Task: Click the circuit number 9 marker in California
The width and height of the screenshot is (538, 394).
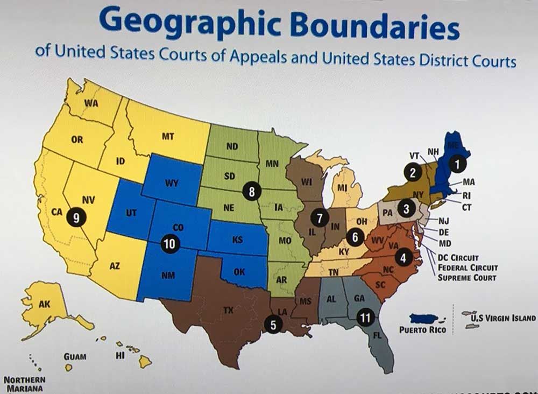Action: (76, 218)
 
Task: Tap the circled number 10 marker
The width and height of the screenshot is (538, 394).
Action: (169, 244)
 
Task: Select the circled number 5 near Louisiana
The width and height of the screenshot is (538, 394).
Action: (273, 325)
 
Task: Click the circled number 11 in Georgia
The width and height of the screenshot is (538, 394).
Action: (366, 318)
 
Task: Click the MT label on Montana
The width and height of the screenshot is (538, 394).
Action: (168, 137)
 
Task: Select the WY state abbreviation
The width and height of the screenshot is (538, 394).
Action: (172, 183)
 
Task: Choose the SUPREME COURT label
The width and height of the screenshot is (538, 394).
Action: (466, 277)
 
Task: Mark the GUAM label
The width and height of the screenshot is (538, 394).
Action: (74, 356)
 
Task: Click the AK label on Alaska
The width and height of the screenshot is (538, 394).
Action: (45, 304)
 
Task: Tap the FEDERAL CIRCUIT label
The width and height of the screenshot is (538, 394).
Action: (468, 268)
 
